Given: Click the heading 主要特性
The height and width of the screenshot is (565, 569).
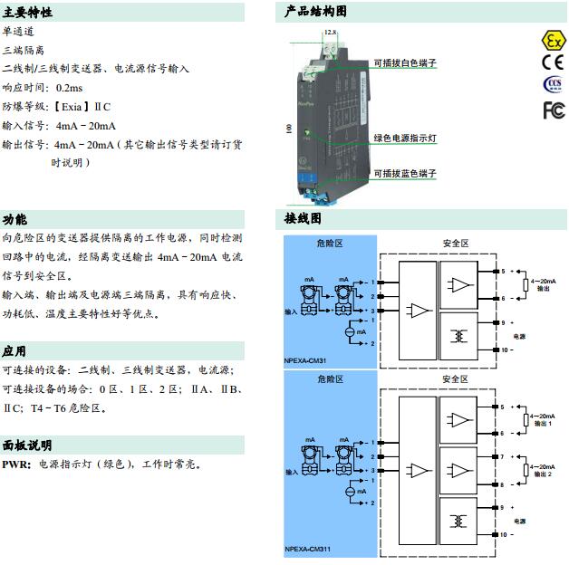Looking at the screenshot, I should coord(27,13).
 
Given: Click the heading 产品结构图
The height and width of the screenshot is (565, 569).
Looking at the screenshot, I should coord(315,12).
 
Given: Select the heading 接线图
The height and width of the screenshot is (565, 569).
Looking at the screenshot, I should coord(303,219).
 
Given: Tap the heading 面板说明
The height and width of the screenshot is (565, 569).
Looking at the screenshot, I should coord(27,445).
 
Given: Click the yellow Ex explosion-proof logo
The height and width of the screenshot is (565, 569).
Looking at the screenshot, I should coord(552,40).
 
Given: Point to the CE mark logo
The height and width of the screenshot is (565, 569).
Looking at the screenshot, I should coord(552,62).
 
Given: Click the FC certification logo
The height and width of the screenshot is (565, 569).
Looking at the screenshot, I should coord(553,110).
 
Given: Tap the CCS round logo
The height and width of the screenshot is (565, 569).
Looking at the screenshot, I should coord(552,85).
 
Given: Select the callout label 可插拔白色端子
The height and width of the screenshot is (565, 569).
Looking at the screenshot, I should coord(405,63).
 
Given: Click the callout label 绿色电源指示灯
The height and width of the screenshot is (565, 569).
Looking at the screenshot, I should coord(405,139).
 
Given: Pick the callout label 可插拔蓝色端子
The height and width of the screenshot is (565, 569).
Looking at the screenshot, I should coord(405,173).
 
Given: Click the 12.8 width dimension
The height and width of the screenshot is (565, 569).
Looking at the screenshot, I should coord(330,32).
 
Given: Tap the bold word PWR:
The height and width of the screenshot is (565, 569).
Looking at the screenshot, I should coord(16,464).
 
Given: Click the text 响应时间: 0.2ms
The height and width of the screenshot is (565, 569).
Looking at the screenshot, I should coord(43,87).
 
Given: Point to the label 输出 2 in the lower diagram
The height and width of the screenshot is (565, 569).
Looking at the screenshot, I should coord(544,474).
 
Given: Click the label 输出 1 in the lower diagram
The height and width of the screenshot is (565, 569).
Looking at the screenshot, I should coord(544,423).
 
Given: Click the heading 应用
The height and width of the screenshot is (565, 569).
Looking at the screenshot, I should coord(14,351).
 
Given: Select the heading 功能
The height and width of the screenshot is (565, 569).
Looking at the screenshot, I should coord(14,219).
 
